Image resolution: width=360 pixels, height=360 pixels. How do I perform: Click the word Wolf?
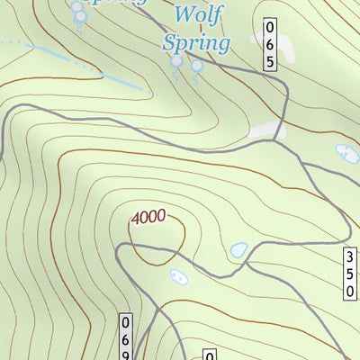tap(197, 15)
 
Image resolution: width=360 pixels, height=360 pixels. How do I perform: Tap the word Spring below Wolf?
tap(197, 41)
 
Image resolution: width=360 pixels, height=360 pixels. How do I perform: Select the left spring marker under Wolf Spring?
tap(177, 62)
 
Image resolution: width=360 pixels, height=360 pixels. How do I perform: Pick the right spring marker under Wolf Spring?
tap(195, 65)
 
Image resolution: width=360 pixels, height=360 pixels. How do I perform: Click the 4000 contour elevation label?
tap(148, 217)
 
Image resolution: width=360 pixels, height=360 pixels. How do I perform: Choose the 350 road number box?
tap(350, 275)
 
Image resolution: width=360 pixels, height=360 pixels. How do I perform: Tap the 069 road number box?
tap(127, 338)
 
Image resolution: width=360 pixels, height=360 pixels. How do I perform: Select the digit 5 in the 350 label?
tap(350, 275)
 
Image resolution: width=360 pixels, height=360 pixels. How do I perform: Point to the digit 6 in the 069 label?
tap(127, 338)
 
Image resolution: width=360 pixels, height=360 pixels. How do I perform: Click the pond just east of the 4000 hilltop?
tap(238, 250)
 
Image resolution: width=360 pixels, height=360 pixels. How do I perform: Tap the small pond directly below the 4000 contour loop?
tap(176, 276)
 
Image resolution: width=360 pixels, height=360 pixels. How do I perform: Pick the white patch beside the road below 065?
tap(263, 131)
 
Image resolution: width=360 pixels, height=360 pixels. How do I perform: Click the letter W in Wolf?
tap(183, 15)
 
